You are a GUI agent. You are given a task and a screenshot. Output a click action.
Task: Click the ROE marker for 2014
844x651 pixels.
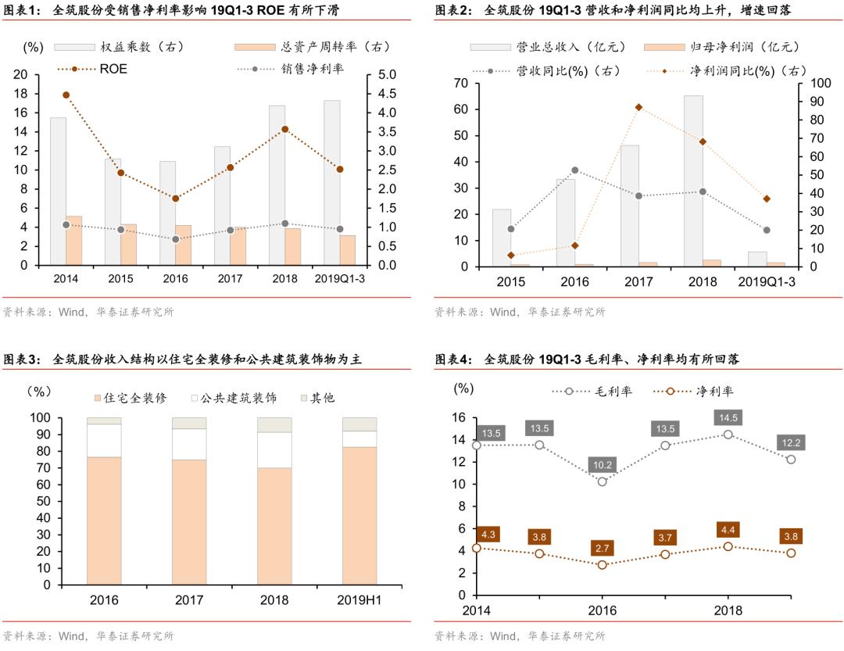click(x=66, y=95)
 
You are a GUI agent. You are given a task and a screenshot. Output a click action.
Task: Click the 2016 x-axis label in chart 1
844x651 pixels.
click(x=175, y=278)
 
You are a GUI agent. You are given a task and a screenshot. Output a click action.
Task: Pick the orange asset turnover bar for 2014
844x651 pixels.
click(x=74, y=240)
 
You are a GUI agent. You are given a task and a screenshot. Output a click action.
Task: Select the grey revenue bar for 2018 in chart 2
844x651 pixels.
click(x=693, y=180)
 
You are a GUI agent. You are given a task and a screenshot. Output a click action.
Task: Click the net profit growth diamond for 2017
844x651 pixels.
click(x=638, y=107)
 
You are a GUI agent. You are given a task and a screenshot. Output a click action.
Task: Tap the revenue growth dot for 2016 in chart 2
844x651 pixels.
click(x=574, y=170)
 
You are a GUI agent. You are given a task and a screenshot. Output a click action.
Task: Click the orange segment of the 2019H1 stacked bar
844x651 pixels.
click(x=359, y=515)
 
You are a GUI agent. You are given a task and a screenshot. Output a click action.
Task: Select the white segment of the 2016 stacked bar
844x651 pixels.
click(x=104, y=440)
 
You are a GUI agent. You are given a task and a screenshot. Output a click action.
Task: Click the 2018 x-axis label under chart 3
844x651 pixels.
click(x=274, y=600)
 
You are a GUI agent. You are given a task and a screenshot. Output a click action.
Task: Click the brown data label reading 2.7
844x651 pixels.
click(x=603, y=548)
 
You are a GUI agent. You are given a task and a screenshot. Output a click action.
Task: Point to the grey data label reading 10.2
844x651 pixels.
click(x=603, y=464)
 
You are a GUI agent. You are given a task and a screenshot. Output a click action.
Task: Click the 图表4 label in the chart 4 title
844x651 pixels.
click(x=453, y=359)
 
